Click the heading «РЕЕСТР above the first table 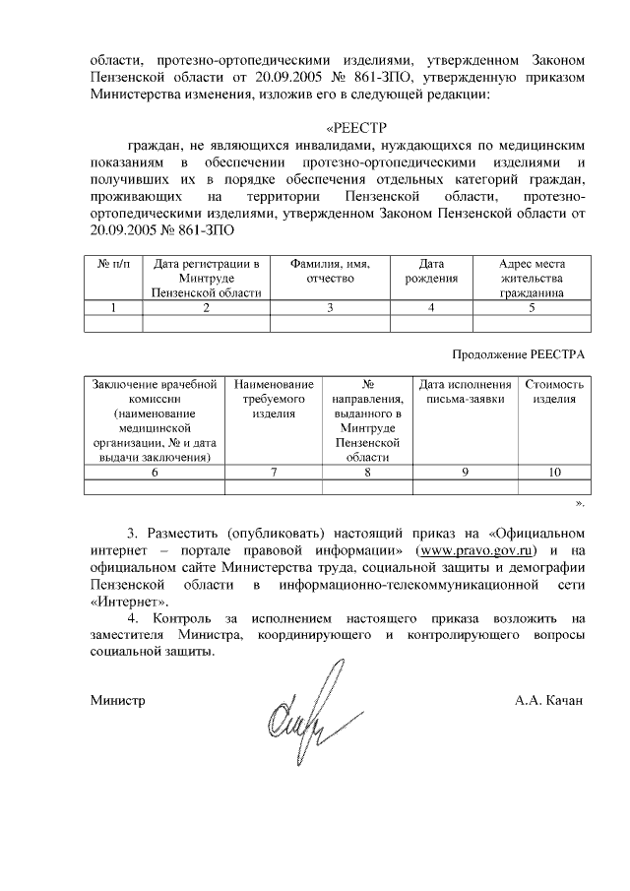click(359, 127)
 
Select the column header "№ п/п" click(114, 264)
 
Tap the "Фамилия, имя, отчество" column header click(330, 271)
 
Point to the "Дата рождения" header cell click(431, 271)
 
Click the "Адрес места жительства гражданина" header click(532, 278)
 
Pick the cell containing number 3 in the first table click(330, 307)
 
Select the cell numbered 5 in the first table click(532, 307)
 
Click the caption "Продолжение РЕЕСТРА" click(519, 353)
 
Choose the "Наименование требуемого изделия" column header click(275, 399)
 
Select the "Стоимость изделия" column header click(555, 392)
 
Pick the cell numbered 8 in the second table click(367, 473)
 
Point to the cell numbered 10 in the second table click(555, 473)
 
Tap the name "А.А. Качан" click(548, 701)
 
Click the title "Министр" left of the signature click(117, 701)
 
